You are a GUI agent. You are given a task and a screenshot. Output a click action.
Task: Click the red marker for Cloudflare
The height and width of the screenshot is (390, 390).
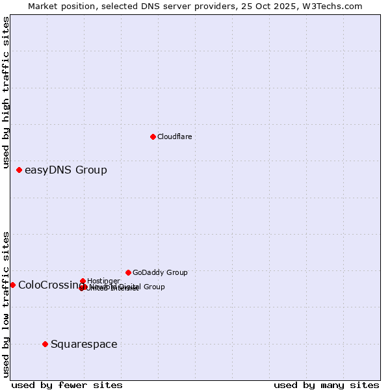click(x=153, y=136)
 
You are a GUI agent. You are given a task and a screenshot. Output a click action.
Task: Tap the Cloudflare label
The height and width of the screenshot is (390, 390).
click(x=174, y=136)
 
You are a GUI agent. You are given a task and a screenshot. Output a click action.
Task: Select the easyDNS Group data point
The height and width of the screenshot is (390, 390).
click(x=19, y=170)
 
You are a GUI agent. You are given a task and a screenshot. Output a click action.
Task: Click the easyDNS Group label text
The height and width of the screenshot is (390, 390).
click(x=66, y=170)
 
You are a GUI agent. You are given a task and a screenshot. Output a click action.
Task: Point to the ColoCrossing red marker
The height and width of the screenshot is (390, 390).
click(x=12, y=285)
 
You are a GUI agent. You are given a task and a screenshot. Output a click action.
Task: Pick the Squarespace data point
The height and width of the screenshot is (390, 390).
click(x=45, y=344)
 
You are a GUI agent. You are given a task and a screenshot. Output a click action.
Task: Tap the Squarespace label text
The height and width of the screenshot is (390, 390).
click(x=84, y=344)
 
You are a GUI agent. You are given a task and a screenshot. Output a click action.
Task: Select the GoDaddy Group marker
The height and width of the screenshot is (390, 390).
click(x=128, y=272)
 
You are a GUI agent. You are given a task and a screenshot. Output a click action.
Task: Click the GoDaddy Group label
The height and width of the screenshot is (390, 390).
click(x=160, y=273)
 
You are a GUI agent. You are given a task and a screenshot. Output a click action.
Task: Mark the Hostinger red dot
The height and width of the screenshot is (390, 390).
click(x=83, y=281)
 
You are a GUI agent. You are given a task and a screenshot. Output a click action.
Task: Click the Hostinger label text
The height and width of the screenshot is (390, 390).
click(x=103, y=281)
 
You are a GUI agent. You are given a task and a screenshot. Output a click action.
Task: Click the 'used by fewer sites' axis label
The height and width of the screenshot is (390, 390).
click(x=67, y=385)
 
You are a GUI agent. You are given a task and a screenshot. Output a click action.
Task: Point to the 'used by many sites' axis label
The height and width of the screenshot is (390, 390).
click(x=326, y=385)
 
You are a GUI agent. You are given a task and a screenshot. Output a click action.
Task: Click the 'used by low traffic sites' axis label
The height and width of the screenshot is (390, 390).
click(x=6, y=304)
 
